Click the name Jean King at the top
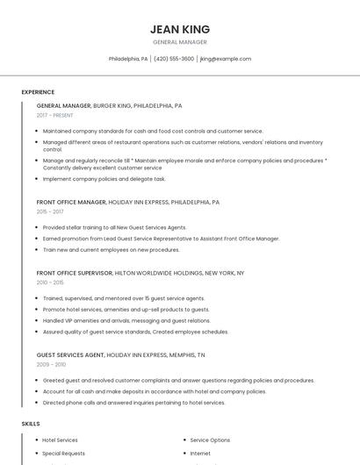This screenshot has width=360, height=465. (x=180, y=29)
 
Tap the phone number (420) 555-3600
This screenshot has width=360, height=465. (x=174, y=59)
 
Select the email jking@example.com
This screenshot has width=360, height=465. (x=226, y=59)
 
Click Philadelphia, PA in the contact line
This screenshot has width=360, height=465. (x=128, y=59)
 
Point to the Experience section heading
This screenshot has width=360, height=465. (x=38, y=92)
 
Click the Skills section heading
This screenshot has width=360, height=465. (x=31, y=424)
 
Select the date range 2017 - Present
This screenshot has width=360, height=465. (x=55, y=115)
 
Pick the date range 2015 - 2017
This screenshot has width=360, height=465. (x=50, y=211)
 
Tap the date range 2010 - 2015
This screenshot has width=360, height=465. (x=50, y=283)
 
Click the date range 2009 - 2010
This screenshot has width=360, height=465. (x=51, y=364)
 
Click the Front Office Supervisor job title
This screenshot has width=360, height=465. (x=75, y=273)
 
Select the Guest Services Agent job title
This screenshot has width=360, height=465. (x=70, y=354)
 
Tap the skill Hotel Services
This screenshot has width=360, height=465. (x=60, y=440)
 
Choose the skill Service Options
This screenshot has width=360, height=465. (x=210, y=440)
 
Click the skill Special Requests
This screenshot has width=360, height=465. (x=63, y=454)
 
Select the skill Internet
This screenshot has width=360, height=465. (x=200, y=454)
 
